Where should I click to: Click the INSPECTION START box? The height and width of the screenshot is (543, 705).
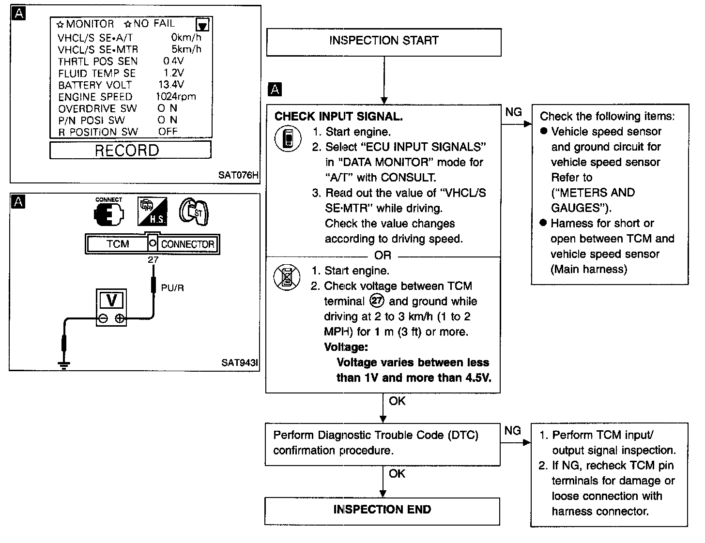tap(383, 41)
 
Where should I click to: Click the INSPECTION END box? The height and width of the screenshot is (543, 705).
tap(382, 510)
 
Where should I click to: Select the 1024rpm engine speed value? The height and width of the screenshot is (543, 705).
tap(175, 96)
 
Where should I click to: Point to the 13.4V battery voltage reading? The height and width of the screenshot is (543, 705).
tap(171, 85)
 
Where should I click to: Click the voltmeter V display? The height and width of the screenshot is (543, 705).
tap(111, 301)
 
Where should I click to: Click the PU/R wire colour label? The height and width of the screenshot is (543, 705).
tap(172, 288)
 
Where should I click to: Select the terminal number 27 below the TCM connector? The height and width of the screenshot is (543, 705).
tap(153, 260)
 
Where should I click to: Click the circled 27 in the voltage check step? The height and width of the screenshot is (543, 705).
tap(377, 301)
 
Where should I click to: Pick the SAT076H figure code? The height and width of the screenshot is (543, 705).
tap(238, 175)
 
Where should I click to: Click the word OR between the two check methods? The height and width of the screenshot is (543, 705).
tap(383, 256)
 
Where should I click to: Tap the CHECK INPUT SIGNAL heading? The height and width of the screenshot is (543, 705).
tap(338, 117)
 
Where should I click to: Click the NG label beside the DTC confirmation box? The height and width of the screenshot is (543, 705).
tap(513, 430)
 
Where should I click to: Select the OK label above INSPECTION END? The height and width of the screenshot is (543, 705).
tap(397, 473)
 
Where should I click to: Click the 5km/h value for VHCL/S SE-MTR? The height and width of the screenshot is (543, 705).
tap(186, 49)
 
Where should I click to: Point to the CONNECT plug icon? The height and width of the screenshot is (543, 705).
tap(109, 213)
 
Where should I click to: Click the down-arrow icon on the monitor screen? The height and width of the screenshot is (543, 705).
tap(203, 25)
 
